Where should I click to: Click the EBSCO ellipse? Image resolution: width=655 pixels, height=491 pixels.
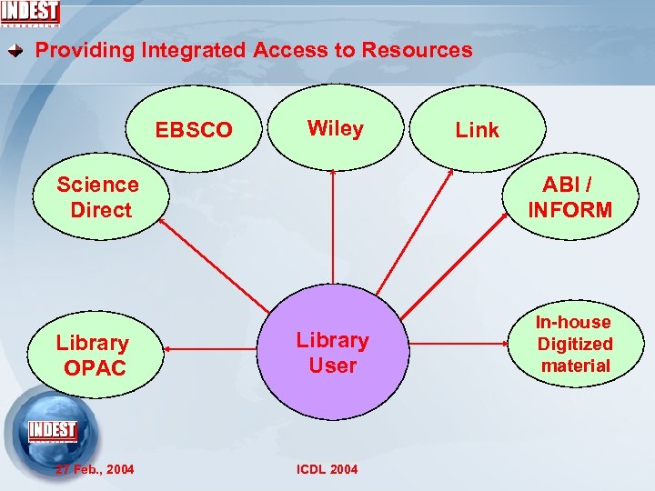pos(194,130)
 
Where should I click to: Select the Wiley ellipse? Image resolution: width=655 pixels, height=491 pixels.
pos(336,128)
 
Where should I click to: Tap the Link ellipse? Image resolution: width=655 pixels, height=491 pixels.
pos(478,130)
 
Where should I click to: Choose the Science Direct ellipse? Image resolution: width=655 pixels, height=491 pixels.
pos(97,197)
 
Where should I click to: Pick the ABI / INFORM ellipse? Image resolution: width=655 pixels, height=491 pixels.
pos(570,197)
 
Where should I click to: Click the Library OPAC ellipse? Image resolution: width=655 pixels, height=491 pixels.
pos(92,355)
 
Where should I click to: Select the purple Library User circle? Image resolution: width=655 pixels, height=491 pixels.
pos(332,352)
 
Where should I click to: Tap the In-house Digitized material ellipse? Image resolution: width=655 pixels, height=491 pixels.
pos(574,344)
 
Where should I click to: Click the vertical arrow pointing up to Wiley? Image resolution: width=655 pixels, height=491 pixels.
pos(334,227)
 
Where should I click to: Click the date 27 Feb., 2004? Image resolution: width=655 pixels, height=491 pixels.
pos(95,469)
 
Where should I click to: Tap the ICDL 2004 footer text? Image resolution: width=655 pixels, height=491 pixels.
pos(327,469)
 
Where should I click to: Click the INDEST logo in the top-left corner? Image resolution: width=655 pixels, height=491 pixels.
pos(31,14)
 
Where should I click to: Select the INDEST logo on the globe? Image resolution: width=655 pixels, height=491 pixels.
pos(53,430)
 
